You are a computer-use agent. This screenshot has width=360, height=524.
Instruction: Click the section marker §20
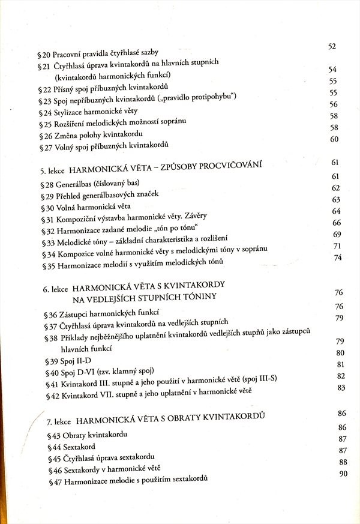click(43, 53)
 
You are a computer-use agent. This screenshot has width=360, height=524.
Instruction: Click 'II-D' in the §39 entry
click(82, 361)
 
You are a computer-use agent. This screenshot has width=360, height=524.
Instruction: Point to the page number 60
click(335, 139)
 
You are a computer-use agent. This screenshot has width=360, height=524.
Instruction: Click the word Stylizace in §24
click(71, 112)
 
